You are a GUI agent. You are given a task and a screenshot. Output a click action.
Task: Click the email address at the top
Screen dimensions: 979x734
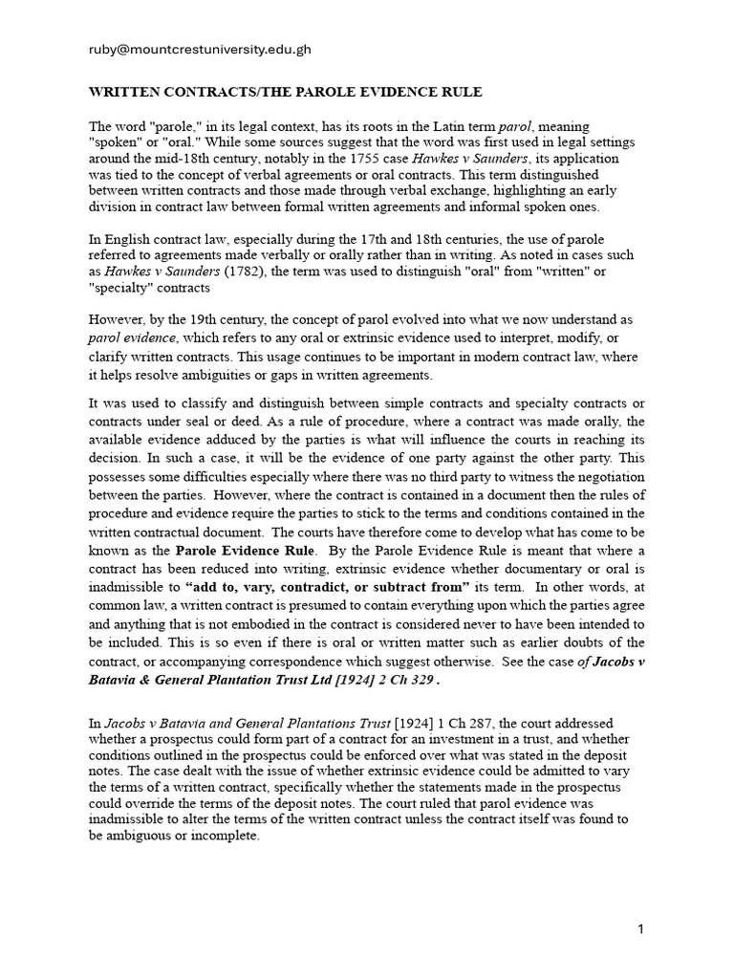coord(200,49)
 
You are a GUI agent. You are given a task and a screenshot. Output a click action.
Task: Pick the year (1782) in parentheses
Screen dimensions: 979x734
coord(247,271)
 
